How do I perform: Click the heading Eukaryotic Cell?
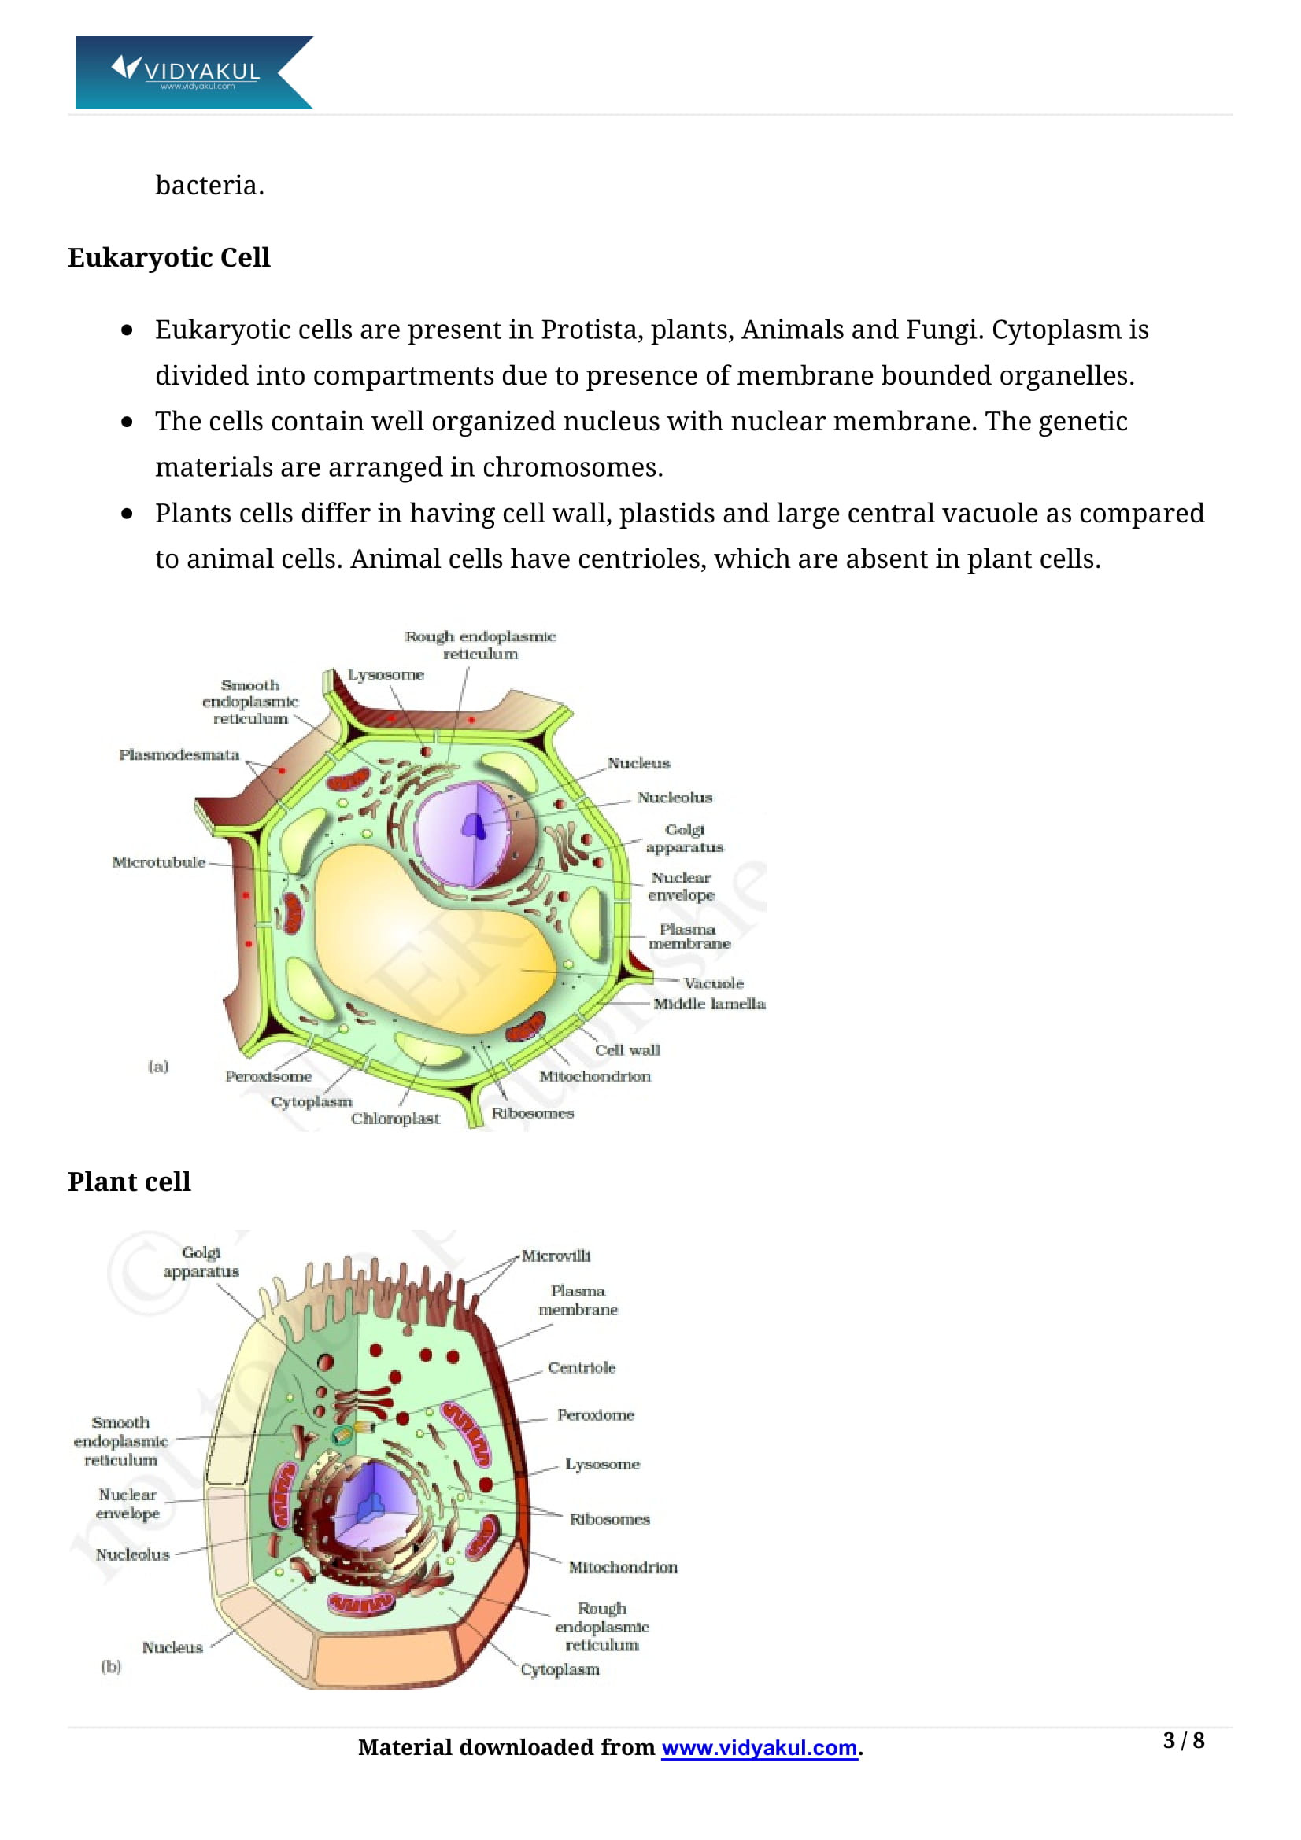(168, 257)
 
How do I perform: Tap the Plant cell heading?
(129, 1182)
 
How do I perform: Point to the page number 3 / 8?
(1182, 1740)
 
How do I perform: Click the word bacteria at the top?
(209, 185)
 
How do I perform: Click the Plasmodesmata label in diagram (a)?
(179, 755)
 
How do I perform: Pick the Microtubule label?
(158, 862)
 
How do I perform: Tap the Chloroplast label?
(395, 1118)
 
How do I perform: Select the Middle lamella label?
(708, 1003)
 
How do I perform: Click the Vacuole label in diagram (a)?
(713, 983)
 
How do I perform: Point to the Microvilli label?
(556, 1256)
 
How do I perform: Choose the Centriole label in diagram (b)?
(581, 1368)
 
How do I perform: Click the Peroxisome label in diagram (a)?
(268, 1076)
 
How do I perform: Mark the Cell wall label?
(626, 1050)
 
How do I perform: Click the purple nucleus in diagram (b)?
(373, 1505)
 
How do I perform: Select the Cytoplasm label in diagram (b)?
(560, 1669)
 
